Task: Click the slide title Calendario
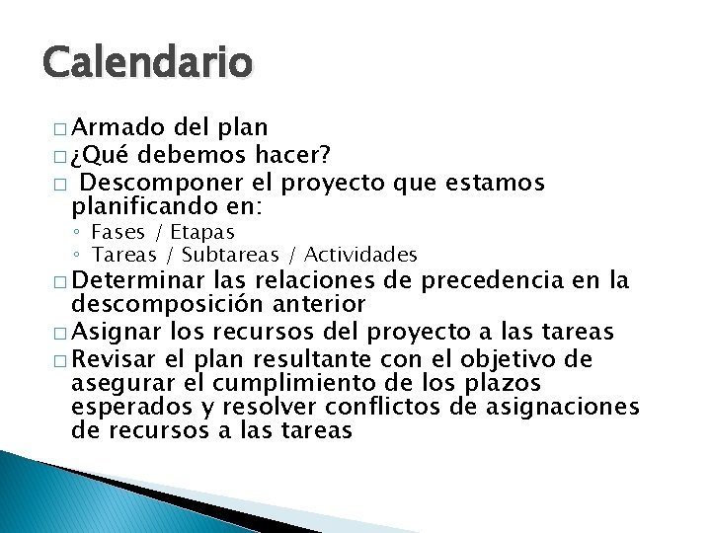tap(148, 64)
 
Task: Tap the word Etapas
tap(202, 232)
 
